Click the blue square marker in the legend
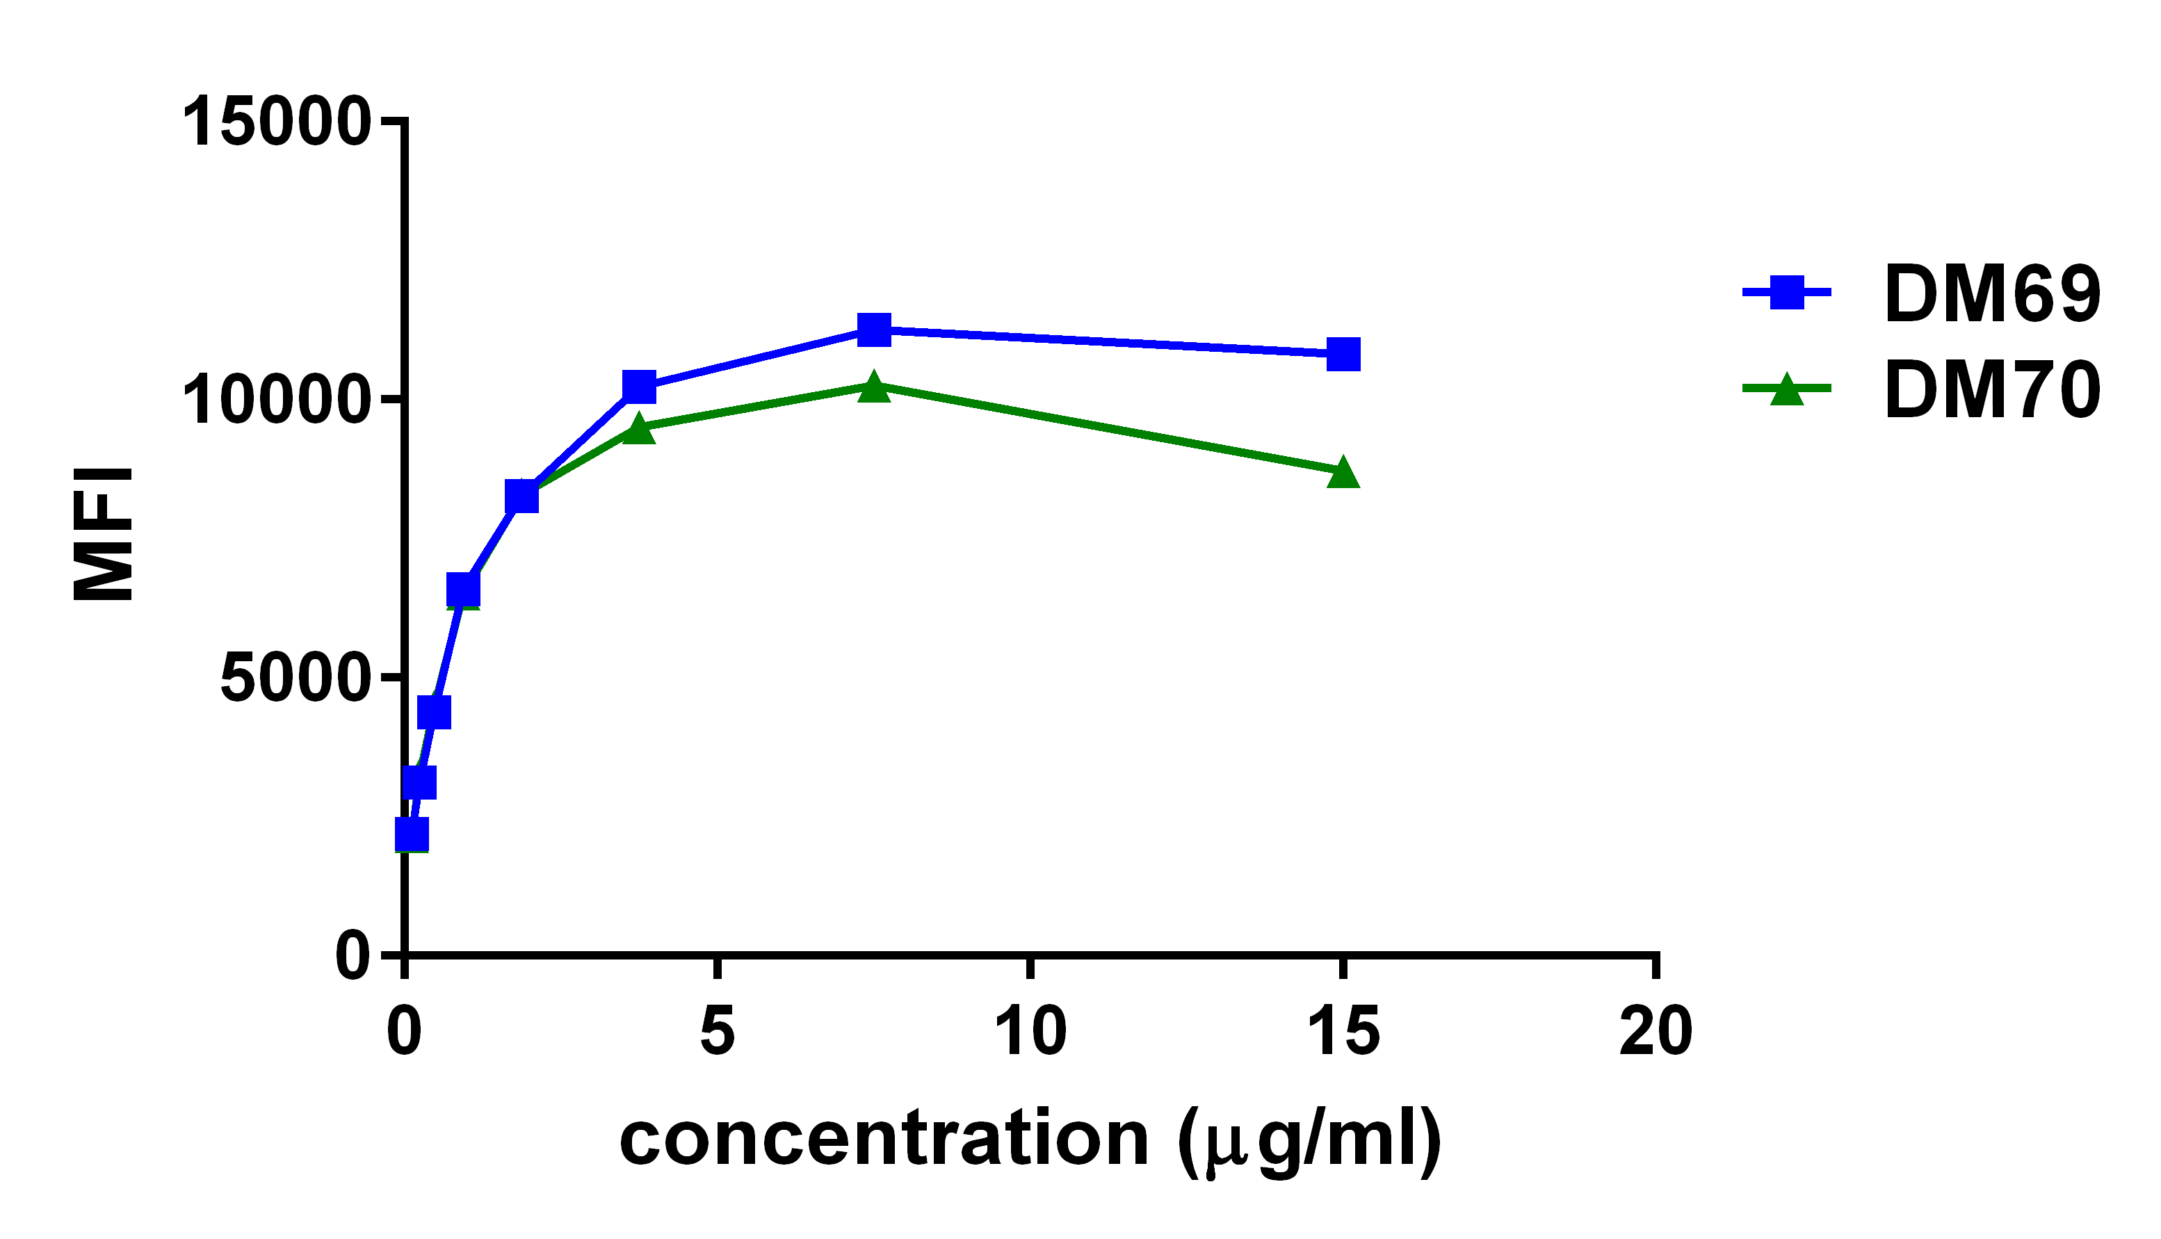[x=1787, y=292]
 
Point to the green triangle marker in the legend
[x=1787, y=390]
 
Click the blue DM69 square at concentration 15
[x=1343, y=354]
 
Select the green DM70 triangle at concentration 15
[x=1343, y=472]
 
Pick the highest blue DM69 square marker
[x=874, y=330]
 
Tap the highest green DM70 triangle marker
[x=874, y=387]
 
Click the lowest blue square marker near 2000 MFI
[x=412, y=835]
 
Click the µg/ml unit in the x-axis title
[x=1310, y=1140]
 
